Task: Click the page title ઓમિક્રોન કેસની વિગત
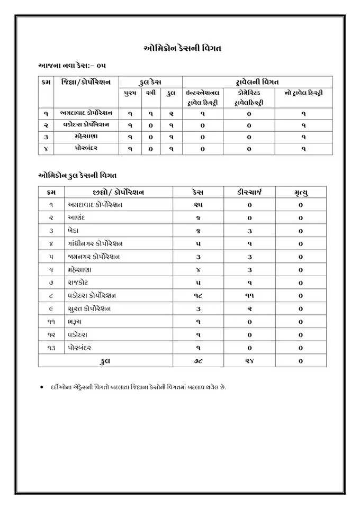(x=182, y=48)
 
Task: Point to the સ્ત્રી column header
(x=150, y=93)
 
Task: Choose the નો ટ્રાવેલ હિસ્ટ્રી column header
(x=303, y=93)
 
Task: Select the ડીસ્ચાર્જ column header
(x=249, y=192)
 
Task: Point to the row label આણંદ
(x=77, y=217)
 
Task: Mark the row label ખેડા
(x=75, y=231)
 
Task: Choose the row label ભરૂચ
(x=76, y=322)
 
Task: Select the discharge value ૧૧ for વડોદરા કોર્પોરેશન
(x=249, y=295)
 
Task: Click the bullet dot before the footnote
(x=42, y=387)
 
